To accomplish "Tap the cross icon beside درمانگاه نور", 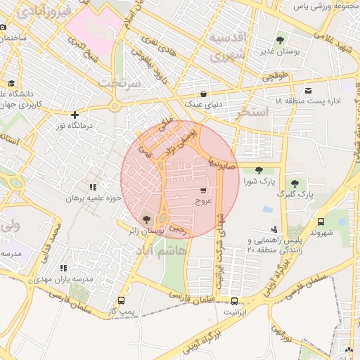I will [x=75, y=115].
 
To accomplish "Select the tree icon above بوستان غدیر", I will [x=281, y=40].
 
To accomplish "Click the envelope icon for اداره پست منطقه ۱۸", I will [x=309, y=90].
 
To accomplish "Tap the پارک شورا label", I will [x=258, y=181].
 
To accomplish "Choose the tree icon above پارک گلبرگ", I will [x=295, y=184].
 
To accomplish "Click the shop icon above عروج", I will [x=203, y=191].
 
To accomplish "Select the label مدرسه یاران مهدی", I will [x=60, y=278].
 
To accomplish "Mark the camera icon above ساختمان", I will [x=4, y=27].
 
